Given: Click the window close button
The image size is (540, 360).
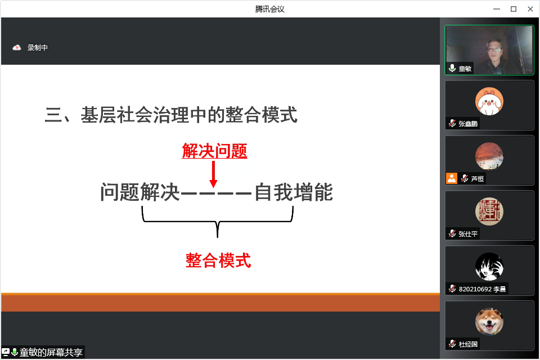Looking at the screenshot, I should point(530,9).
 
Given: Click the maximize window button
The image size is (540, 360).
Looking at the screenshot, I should point(513,9).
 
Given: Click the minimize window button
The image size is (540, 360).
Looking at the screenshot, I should point(496,9).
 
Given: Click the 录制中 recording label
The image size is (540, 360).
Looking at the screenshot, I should point(38,48).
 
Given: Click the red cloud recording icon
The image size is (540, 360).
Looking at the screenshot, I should point(17,48).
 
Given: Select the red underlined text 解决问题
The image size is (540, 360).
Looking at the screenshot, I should point(214,151).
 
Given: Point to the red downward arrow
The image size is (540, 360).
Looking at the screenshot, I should point(213,174).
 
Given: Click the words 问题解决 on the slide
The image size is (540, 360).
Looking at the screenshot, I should point(140,193).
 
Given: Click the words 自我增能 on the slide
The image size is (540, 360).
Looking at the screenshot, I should point(294,193).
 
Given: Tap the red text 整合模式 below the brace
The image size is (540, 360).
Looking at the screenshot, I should point(218,260).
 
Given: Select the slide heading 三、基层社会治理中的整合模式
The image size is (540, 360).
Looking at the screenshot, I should point(171,115).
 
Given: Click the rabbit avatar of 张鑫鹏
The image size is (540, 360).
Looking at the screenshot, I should point(489,101).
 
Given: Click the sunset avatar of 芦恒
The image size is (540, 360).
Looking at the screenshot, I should point(489,156).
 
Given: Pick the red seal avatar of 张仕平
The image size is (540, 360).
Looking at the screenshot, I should point(489,211).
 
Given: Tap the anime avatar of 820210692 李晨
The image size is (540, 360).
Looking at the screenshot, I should point(489,266).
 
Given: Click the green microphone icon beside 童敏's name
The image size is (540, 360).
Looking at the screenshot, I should point(452,69).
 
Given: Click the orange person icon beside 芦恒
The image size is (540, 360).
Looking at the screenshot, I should point(451,178).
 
